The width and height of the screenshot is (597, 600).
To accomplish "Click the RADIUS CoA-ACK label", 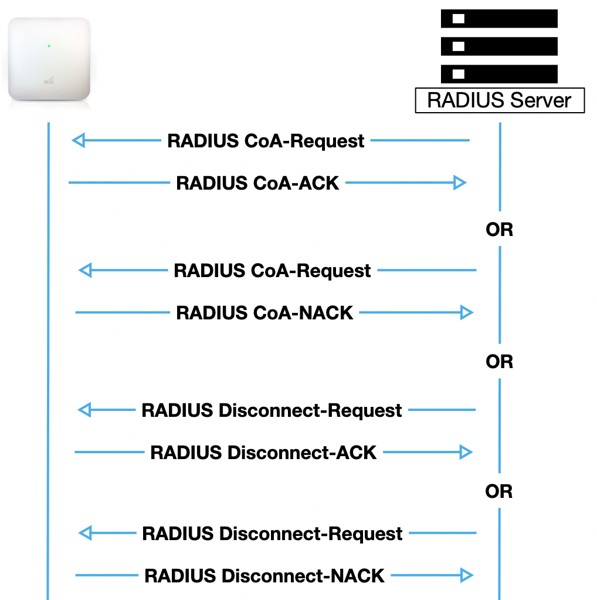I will pos(257,183).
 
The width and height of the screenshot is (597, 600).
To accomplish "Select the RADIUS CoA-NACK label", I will pos(264,313).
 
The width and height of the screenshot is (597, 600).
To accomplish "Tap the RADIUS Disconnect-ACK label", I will pos(263,453).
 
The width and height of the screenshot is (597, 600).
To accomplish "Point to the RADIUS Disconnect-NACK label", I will pos(264,576).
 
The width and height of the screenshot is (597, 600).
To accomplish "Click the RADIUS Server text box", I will pos(499,100).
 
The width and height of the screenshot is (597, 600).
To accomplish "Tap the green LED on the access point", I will pos(49,45).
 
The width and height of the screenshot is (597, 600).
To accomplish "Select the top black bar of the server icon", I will pos(499,19).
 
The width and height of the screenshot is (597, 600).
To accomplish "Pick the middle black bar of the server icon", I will pos(499,46).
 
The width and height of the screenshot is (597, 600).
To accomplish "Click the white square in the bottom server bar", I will pos(459,74).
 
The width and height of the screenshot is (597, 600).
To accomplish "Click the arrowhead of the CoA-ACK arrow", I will pos(460,183).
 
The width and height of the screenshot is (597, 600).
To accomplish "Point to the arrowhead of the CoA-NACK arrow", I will pos(467,313).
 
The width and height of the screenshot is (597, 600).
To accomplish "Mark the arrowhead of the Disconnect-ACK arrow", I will pos(466,452).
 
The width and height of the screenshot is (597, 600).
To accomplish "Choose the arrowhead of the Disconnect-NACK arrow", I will pos(467,575).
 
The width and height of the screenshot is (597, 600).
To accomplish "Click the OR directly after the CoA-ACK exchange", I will pos(499,230).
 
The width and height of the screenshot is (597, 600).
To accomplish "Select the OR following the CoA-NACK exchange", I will pos(499,362).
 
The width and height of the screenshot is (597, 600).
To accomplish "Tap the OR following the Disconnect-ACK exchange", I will pos(499,491).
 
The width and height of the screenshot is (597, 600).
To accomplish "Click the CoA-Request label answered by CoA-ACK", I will pos(266,141).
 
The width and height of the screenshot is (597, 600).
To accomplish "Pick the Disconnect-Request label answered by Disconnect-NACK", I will pos(272,534).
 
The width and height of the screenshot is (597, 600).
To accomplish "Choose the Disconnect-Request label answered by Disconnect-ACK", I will pos(272,410).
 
